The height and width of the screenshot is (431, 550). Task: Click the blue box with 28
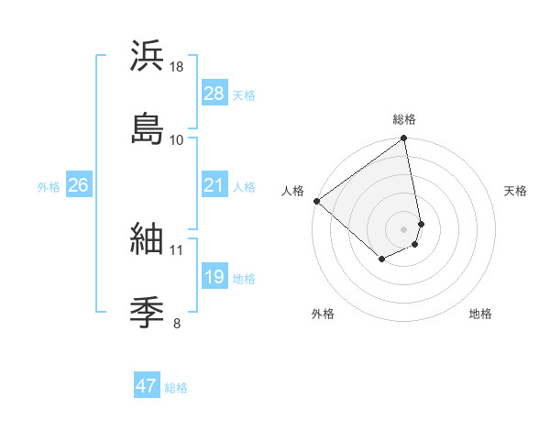pos(214,94)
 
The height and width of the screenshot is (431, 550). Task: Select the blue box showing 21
pos(214,186)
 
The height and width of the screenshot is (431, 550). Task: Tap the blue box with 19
pos(214,278)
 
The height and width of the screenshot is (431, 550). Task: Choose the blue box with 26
pos(78,186)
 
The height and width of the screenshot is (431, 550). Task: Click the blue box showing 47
pos(146,386)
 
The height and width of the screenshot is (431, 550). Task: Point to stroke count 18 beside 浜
pos(178,67)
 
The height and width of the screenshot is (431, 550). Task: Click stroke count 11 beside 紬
pos(177,249)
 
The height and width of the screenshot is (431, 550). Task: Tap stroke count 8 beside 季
pos(177,322)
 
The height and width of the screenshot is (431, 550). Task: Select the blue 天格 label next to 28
pos(244,94)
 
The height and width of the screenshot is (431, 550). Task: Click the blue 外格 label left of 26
pos(49,187)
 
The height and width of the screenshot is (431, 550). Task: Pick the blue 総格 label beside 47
pos(176,387)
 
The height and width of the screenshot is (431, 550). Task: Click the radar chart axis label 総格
pos(404,119)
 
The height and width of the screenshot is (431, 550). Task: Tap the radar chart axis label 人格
pos(293,191)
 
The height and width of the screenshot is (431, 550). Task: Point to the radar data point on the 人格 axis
pos(316,201)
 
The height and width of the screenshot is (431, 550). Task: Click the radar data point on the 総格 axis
pos(404,139)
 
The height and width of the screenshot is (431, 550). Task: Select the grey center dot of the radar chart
pos(404,228)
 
